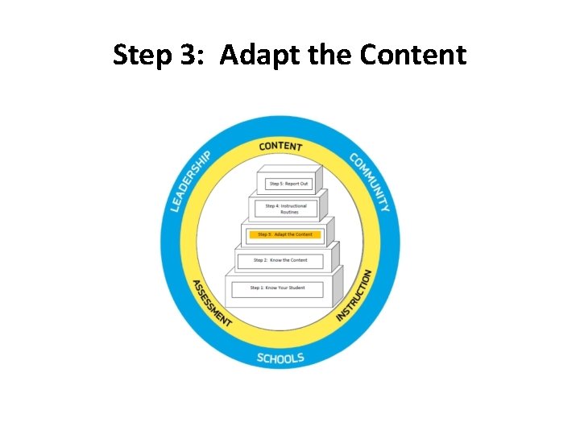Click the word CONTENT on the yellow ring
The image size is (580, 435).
[x=280, y=147]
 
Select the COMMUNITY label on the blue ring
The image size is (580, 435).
[x=371, y=182]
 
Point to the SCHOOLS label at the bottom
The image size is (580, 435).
[x=280, y=357]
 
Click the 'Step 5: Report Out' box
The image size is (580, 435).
[x=288, y=184]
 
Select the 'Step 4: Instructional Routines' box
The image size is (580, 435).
[x=286, y=209]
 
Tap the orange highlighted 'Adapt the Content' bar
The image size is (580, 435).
[x=285, y=234]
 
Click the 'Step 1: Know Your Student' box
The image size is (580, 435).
[x=276, y=288]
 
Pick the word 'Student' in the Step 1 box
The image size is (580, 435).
[x=296, y=288]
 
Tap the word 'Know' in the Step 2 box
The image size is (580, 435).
[x=275, y=260]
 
